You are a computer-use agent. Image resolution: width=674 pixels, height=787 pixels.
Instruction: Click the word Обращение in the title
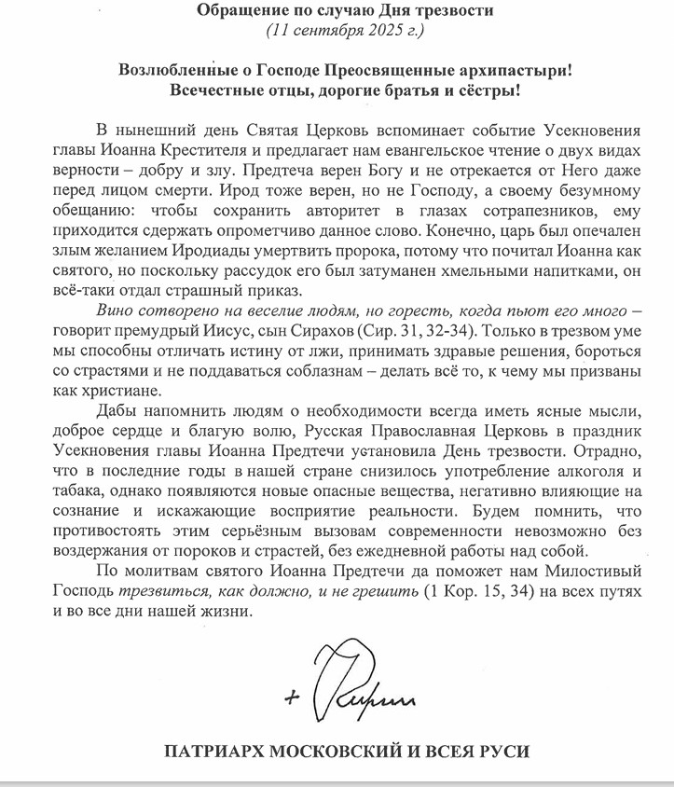[x=242, y=11]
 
